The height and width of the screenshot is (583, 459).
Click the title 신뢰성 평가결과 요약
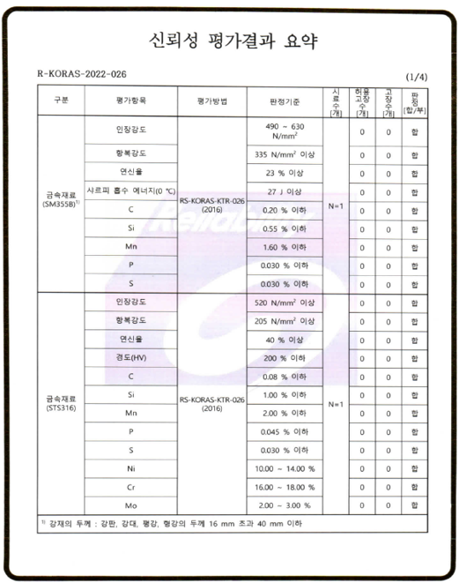pyautogui.click(x=229, y=41)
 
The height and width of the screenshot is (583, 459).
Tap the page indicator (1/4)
pyautogui.click(x=417, y=78)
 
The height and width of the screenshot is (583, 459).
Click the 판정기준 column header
pyautogui.click(x=285, y=101)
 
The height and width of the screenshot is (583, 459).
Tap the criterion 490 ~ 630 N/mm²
pyautogui.click(x=285, y=131)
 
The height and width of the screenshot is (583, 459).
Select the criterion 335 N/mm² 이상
pyautogui.click(x=285, y=154)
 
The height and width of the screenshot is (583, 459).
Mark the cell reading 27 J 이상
pyautogui.click(x=285, y=191)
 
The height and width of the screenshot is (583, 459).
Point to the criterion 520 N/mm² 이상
pyautogui.click(x=285, y=303)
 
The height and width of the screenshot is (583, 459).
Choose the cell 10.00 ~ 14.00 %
pyautogui.click(x=285, y=468)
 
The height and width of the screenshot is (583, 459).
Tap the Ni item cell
pyautogui.click(x=130, y=468)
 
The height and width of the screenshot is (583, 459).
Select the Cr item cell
pyautogui.click(x=130, y=487)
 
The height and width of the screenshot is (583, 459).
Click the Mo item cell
pyautogui.click(x=130, y=505)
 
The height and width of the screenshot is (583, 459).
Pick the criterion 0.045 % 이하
pyautogui.click(x=285, y=431)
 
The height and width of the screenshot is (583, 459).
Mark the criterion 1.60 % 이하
pyautogui.click(x=285, y=247)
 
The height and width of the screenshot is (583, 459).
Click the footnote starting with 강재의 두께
pyautogui.click(x=176, y=524)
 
